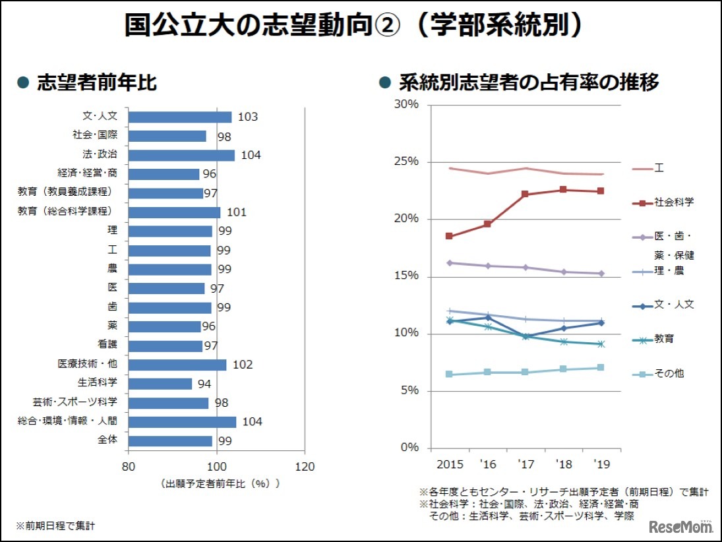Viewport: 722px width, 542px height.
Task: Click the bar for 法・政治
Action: pyautogui.click(x=181, y=155)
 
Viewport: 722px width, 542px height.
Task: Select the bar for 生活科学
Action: pyautogui.click(x=160, y=384)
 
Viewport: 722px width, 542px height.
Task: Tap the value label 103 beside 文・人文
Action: pyautogui.click(x=247, y=117)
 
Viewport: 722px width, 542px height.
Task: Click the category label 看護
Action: pyautogui.click(x=107, y=345)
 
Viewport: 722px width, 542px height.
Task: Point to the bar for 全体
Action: pyautogui.click(x=170, y=440)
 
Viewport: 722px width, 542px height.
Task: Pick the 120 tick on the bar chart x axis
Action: pyautogui.click(x=304, y=465)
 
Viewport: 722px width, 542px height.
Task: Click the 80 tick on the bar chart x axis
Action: pyautogui.click(x=128, y=465)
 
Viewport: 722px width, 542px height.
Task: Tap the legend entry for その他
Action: pyautogui.click(x=659, y=373)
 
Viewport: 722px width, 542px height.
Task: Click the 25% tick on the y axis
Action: pyautogui.click(x=408, y=162)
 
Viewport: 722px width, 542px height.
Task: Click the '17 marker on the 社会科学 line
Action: pyautogui.click(x=526, y=194)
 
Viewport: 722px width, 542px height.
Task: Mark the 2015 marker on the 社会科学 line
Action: pyautogui.click(x=449, y=236)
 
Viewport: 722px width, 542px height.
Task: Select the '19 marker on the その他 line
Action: pyautogui.click(x=601, y=367)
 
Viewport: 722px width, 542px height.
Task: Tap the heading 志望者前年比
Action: pyautogui.click(x=97, y=82)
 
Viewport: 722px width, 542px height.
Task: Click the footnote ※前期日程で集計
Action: pyautogui.click(x=55, y=526)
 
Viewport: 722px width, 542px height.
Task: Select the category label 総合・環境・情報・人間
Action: pyautogui.click(x=67, y=421)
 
